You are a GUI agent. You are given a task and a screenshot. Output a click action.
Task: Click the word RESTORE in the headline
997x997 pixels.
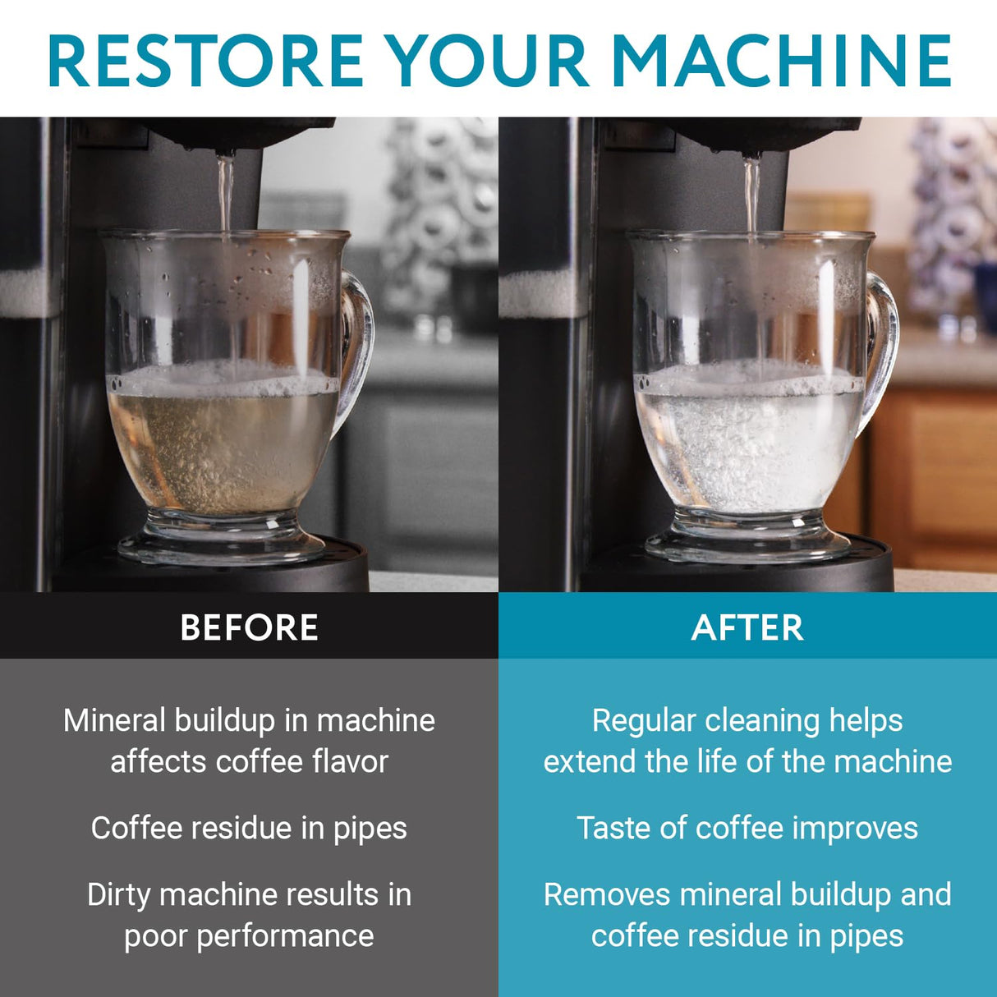[205, 61]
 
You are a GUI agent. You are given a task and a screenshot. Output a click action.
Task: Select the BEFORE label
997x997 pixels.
[249, 628]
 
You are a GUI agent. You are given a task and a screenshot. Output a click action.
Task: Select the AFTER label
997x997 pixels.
[747, 628]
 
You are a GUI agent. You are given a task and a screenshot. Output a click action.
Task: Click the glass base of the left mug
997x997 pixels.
[222, 538]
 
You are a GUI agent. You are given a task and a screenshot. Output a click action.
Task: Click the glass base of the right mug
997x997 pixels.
[747, 538]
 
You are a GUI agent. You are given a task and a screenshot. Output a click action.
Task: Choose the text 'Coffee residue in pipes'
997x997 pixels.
[249, 828]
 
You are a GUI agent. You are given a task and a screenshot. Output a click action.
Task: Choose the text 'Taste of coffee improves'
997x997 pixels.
[747, 828]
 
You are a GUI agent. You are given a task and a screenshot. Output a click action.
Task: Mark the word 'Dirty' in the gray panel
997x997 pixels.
[118, 894]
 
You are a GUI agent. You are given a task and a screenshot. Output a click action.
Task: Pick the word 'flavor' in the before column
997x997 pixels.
[350, 762]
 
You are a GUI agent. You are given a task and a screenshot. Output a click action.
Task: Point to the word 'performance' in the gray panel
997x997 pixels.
[285, 936]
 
